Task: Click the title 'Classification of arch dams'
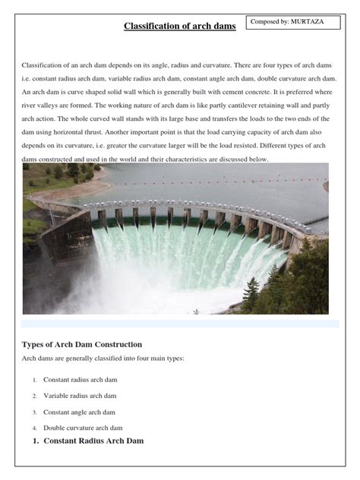click(x=180, y=27)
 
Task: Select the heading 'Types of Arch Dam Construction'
click(x=82, y=344)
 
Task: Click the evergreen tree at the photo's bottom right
click(x=251, y=292)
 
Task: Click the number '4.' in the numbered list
click(x=35, y=428)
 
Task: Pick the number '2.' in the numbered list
click(x=35, y=396)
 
